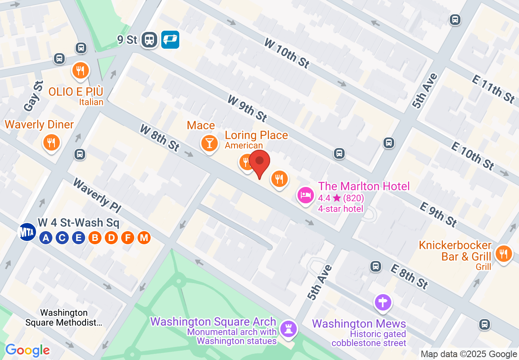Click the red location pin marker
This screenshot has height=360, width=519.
click(259, 162)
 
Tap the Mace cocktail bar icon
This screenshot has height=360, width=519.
click(209, 143)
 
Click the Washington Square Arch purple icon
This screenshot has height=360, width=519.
click(288, 328)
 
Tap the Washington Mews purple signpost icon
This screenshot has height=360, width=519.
click(383, 303)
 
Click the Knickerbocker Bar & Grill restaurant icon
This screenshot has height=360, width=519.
click(503, 254)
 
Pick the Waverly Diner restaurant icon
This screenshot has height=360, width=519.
click(51, 142)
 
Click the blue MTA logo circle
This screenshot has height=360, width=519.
click(27, 232)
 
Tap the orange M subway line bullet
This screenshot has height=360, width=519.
click(144, 237)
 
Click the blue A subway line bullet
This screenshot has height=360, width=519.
click(46, 237)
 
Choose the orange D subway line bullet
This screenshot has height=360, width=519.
click(111, 237)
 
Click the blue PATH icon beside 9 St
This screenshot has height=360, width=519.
click(170, 40)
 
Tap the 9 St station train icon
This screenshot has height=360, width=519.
click(150, 40)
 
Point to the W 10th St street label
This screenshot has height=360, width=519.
click(287, 53)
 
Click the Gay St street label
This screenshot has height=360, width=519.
click(33, 97)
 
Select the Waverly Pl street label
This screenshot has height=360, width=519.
click(97, 196)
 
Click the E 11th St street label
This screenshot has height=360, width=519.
click(493, 89)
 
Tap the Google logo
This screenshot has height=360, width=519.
click(27, 350)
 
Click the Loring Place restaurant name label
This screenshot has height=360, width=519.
click(256, 135)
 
